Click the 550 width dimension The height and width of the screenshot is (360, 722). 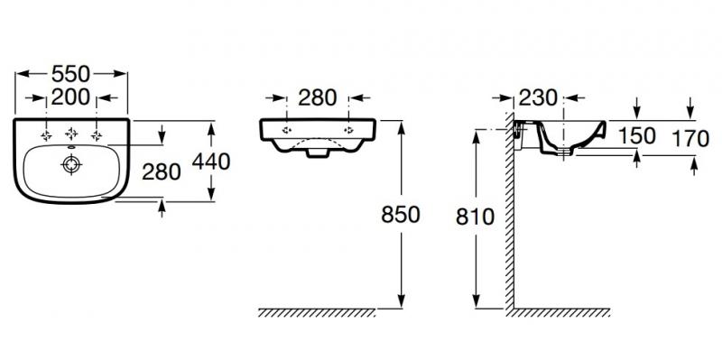pos(70,74)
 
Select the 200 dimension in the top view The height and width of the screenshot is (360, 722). pos(70,97)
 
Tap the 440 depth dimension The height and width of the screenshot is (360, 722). pos(211,162)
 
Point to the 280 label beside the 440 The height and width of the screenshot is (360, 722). pos(162,172)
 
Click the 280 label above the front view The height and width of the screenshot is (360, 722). pos(318,97)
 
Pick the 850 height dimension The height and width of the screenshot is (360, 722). pos(401,215)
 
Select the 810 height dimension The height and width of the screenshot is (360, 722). pos(476,217)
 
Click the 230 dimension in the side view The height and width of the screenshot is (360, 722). pos(538,97)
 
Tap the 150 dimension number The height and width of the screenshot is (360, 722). pos(637,136)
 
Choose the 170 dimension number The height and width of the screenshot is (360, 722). pos(690,139)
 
